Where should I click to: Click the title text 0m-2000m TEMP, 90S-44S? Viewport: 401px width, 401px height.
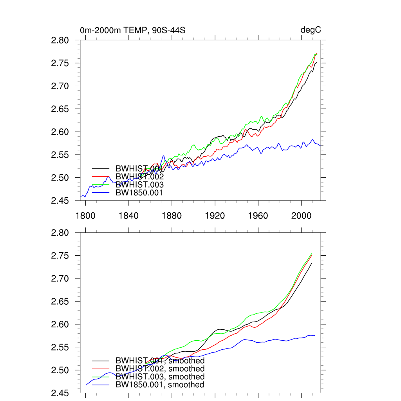pyautogui.click(x=132, y=30)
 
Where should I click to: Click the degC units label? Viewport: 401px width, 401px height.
pyautogui.click(x=311, y=30)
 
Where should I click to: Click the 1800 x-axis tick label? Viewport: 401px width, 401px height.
pyautogui.click(x=86, y=216)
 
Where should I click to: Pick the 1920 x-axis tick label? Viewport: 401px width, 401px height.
pyautogui.click(x=215, y=216)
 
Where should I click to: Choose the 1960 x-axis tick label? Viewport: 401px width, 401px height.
pyautogui.click(x=258, y=216)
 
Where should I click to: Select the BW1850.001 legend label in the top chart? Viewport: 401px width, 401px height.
pyautogui.click(x=139, y=192)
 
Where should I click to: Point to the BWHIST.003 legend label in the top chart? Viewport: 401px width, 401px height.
pyautogui.click(x=139, y=184)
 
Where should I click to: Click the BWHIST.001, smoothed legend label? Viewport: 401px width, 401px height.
pyautogui.click(x=160, y=361)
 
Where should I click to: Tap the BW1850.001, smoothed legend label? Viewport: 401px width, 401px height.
pyautogui.click(x=160, y=385)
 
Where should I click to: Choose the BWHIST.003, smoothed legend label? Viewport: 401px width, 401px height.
pyautogui.click(x=160, y=377)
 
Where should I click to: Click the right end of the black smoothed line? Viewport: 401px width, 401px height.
pyautogui.click(x=312, y=263)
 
